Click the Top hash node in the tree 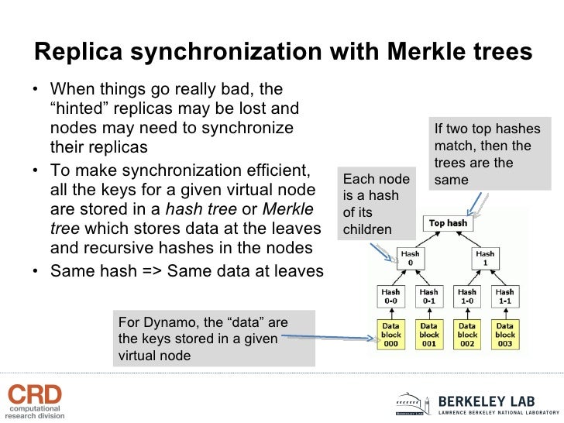tap(448, 224)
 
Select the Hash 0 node tap(410, 258)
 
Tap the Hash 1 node tap(485, 258)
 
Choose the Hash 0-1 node tap(428, 297)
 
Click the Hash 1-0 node tap(466, 297)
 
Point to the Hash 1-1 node tap(504, 297)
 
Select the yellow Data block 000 tap(391, 335)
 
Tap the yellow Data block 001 tap(428, 335)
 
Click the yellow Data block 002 tap(466, 335)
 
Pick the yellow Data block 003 tap(504, 335)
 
